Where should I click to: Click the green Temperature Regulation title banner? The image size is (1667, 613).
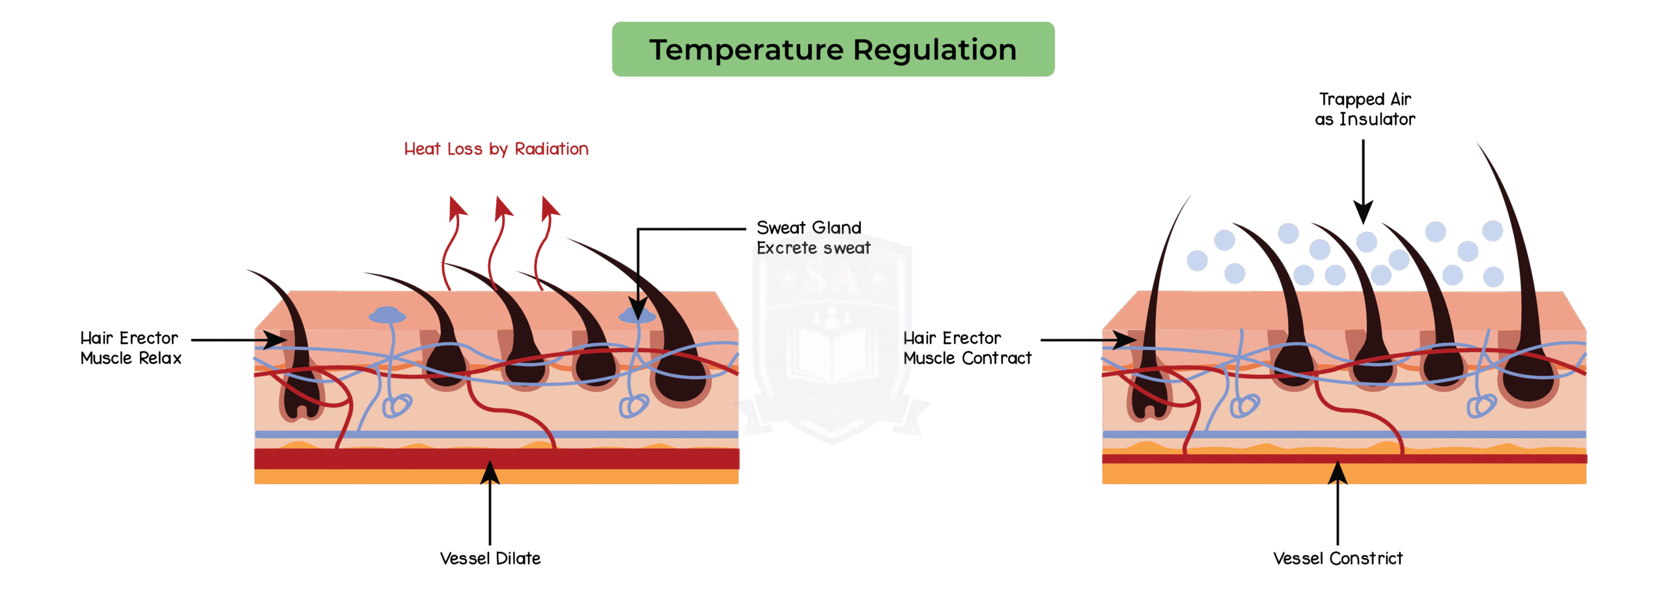pyautogui.click(x=833, y=49)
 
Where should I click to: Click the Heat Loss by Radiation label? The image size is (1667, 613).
pyautogui.click(x=496, y=149)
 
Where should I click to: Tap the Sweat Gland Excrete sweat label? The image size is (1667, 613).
pyautogui.click(x=812, y=238)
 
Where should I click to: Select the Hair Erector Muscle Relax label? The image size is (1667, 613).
pyautogui.click(x=130, y=348)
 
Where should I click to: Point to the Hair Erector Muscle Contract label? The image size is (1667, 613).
pyautogui.click(x=968, y=348)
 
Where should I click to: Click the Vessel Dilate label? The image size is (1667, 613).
pyautogui.click(x=490, y=558)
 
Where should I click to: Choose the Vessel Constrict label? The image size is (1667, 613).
pyautogui.click(x=1338, y=558)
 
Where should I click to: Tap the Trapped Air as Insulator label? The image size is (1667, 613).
pyautogui.click(x=1365, y=109)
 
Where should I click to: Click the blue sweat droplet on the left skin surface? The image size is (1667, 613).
pyautogui.click(x=387, y=316)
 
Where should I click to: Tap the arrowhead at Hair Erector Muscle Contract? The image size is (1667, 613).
pyautogui.click(x=1123, y=340)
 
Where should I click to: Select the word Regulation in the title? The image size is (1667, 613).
pyautogui.click(x=934, y=50)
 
